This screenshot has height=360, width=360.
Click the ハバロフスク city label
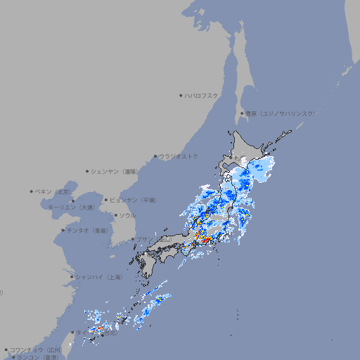coord(201,96)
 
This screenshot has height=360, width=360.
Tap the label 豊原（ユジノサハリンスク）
coord(280,113)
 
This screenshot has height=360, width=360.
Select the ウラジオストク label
coord(179,156)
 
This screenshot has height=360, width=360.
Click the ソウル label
coord(127,216)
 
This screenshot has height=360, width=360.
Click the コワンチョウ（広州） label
coord(36,349)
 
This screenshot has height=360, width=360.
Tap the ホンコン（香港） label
coord(37,357)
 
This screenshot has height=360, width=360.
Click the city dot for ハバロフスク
coord(181,96)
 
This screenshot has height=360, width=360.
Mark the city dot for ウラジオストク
coord(155,157)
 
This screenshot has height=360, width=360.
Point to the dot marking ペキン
coord(32,191)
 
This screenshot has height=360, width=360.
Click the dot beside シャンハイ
coord(72,277)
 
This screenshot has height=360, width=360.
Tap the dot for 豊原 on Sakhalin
coord(242,113)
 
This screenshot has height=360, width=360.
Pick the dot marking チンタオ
coord(63,231)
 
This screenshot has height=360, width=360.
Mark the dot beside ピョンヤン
coord(106,200)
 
